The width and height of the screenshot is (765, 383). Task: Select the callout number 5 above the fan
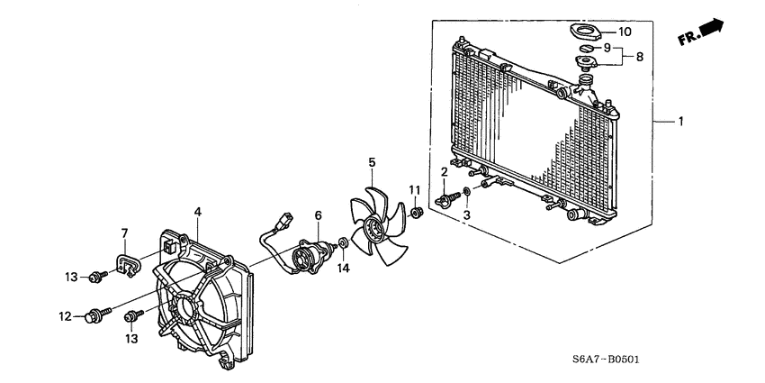(371, 162)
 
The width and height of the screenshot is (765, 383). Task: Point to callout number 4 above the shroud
(198, 213)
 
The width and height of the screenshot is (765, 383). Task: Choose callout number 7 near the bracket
(125, 233)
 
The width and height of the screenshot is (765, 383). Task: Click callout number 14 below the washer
(343, 268)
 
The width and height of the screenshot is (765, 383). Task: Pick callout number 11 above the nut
(415, 189)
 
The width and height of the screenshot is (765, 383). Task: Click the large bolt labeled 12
(93, 316)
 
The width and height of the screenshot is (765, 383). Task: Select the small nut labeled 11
(416, 213)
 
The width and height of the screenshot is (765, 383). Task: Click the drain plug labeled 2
(444, 199)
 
